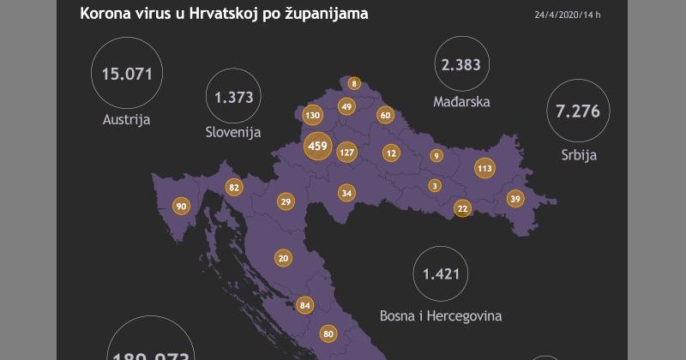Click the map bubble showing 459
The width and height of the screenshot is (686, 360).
point(317,147)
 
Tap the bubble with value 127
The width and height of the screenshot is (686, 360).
point(346,153)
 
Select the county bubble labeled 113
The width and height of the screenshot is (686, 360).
point(484,168)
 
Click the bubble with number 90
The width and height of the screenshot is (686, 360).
point(181,207)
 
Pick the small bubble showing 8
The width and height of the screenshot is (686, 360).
point(353,84)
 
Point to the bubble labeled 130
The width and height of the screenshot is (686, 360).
point(312,115)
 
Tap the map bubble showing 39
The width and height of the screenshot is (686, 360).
point(514,198)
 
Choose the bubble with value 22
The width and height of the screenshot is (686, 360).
point(462,208)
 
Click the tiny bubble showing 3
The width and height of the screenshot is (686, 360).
point(435,185)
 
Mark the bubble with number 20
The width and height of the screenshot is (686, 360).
point(283,258)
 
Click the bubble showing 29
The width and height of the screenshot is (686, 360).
point(286,201)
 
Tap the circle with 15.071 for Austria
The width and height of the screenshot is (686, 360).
point(126,74)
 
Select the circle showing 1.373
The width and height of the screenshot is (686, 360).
point(233,97)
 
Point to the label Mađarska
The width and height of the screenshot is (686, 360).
point(462,102)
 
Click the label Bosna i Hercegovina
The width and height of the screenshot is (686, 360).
point(441,315)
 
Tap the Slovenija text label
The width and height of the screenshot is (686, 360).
point(233,133)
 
